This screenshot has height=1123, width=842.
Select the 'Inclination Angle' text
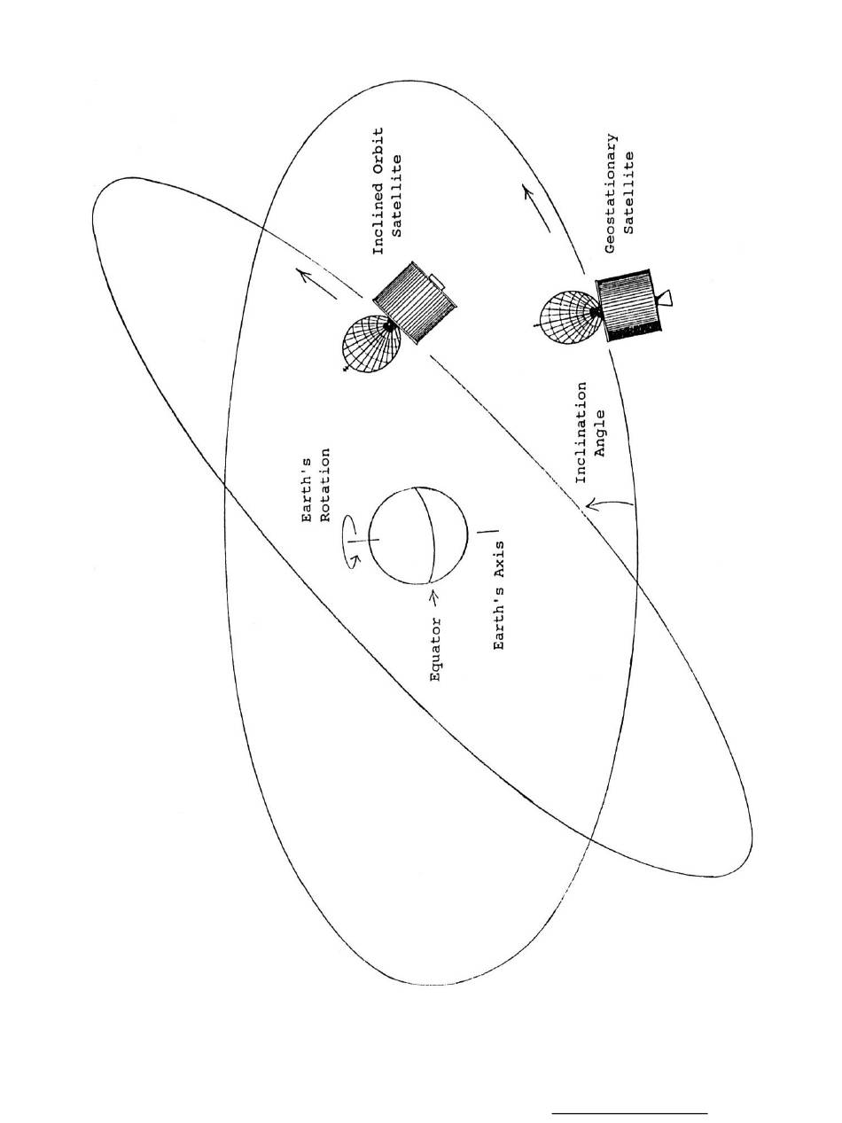coord(591,432)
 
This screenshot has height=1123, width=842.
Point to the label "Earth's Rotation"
coord(317,486)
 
